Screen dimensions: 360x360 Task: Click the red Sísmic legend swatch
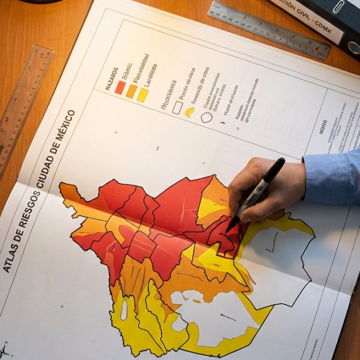[x=120, y=87]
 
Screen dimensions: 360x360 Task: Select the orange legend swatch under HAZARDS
[x=131, y=91]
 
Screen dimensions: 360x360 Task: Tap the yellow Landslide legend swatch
[x=142, y=95]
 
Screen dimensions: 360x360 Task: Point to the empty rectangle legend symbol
[x=177, y=107]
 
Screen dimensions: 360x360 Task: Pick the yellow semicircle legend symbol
[x=190, y=112]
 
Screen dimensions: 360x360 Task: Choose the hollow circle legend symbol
[x=206, y=117]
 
